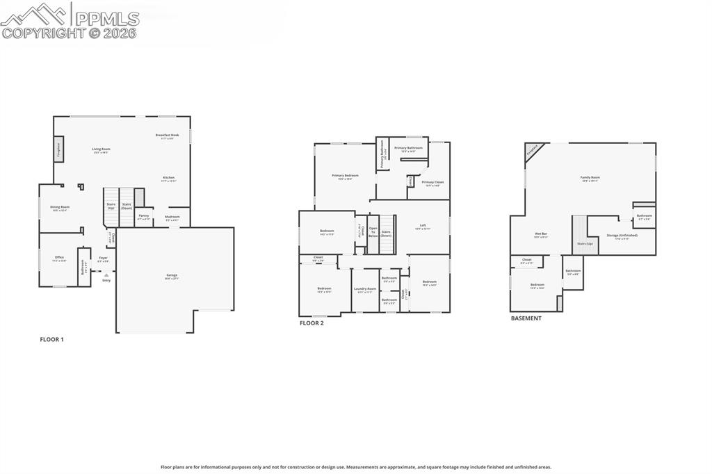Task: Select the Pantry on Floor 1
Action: tap(144, 216)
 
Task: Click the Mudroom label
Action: tap(172, 216)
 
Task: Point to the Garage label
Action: tap(171, 276)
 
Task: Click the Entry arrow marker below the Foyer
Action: tap(106, 275)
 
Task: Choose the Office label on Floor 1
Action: tap(60, 258)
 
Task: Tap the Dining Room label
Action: tap(60, 207)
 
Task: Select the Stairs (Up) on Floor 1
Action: tap(111, 206)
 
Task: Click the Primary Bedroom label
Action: tap(345, 177)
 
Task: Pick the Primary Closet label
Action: tap(432, 183)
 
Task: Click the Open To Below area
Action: tap(373, 232)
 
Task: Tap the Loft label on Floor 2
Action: tap(423, 226)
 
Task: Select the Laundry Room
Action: tap(365, 290)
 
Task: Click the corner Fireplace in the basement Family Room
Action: tap(533, 151)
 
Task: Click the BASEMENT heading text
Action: tap(526, 318)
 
